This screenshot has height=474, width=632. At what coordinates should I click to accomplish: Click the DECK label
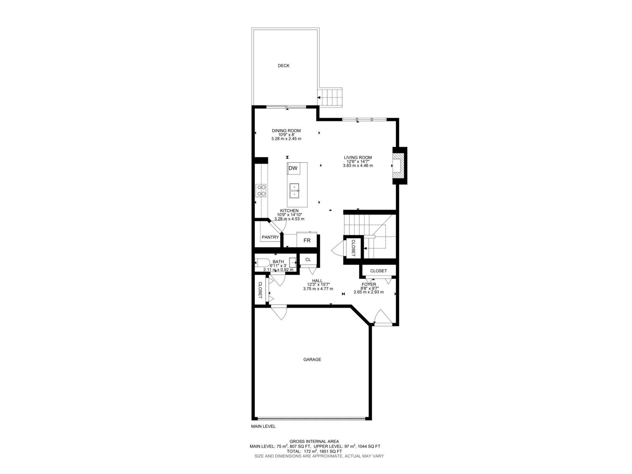click(283, 66)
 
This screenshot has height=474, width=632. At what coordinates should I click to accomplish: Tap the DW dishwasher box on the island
click(293, 168)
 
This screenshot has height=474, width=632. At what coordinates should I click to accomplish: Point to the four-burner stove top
click(60, 190)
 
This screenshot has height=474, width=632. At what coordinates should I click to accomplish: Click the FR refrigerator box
click(307, 240)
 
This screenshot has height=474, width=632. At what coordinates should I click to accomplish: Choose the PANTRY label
click(270, 237)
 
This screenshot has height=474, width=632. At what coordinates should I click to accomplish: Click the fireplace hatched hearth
click(399, 166)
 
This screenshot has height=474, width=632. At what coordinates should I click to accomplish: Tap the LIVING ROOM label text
click(358, 158)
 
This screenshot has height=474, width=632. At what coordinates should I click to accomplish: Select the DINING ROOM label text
click(286, 131)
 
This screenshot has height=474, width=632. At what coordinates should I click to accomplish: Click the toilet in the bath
click(262, 263)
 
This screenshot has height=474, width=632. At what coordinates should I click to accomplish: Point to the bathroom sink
click(293, 263)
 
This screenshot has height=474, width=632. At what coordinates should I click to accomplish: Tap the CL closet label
click(308, 260)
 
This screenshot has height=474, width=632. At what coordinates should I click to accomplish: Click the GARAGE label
click(312, 359)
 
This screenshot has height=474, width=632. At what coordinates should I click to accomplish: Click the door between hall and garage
click(279, 312)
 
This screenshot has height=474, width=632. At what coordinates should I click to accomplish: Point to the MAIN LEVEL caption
click(263, 434)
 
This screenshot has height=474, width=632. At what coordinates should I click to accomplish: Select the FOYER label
click(369, 284)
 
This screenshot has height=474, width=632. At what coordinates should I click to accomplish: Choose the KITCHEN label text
click(290, 211)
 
